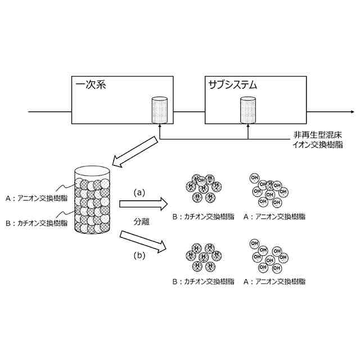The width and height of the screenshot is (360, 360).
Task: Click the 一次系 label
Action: pyautogui.click(x=91, y=85)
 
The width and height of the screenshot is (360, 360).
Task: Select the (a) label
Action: pyautogui.click(x=139, y=192)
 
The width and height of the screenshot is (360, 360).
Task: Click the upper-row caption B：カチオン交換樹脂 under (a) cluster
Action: pyautogui.click(x=204, y=216)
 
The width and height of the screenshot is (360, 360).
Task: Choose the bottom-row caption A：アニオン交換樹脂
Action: pyautogui.click(x=275, y=281)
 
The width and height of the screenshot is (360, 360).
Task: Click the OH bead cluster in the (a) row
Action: pyautogui.click(x=268, y=189)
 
